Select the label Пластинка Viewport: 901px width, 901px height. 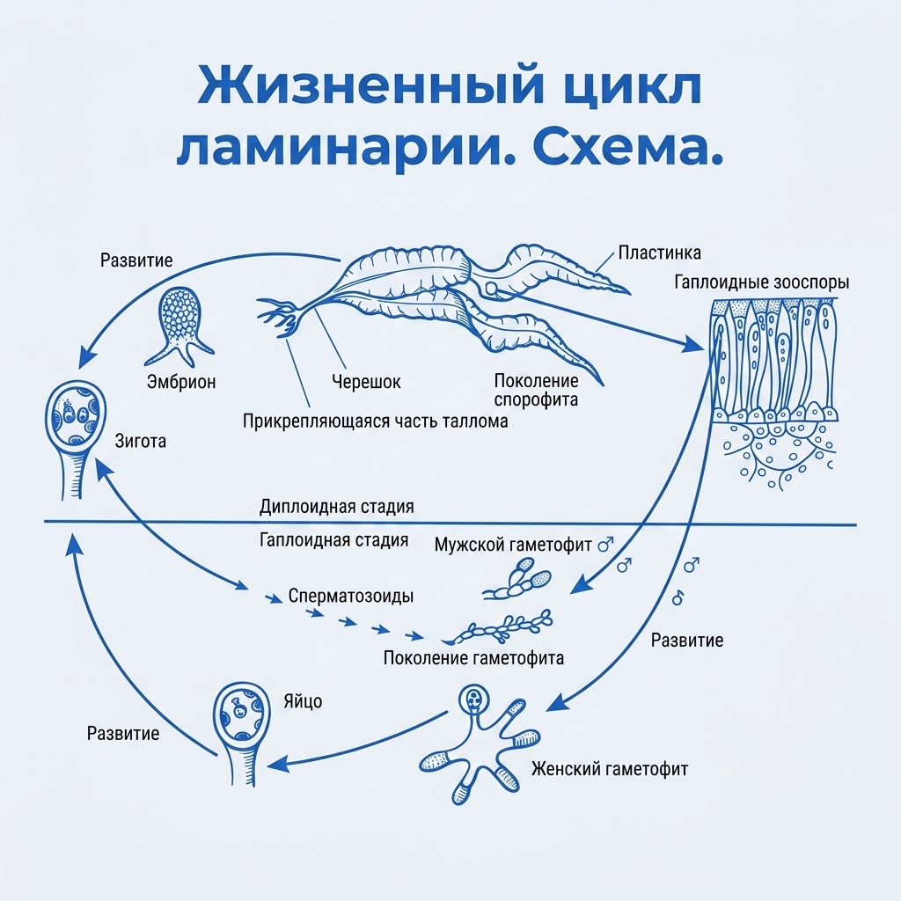click(660, 253)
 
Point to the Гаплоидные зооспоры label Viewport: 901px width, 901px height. click(761, 282)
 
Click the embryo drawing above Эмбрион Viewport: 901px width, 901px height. click(179, 326)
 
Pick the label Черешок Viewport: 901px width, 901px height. click(366, 382)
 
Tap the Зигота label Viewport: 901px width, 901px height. click(141, 442)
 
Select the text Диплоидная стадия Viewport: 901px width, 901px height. click(337, 507)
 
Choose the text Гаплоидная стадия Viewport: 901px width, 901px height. click(333, 540)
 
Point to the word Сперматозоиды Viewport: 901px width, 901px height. click(351, 596)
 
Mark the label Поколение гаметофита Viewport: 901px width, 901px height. click(473, 658)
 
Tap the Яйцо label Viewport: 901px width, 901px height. click(303, 701)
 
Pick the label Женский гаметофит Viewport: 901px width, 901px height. click(610, 769)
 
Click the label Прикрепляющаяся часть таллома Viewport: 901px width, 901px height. click(375, 421)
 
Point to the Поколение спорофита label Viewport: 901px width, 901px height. click(536, 390)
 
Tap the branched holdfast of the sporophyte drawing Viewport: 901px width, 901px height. click(280, 316)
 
